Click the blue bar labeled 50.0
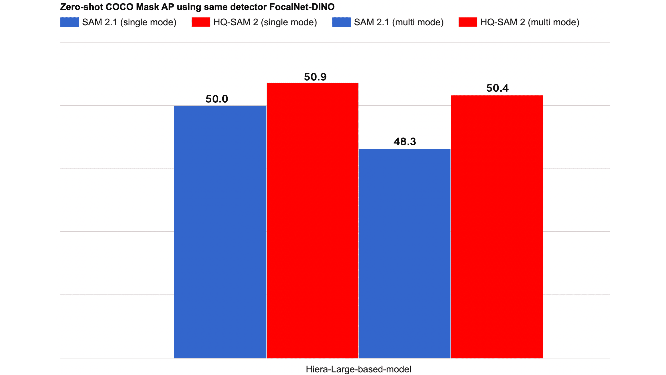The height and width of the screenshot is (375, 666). tap(220, 232)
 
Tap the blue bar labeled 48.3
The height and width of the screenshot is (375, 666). tap(404, 253)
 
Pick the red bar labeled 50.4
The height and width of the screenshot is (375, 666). tap(497, 227)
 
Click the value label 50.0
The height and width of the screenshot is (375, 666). tap(217, 99)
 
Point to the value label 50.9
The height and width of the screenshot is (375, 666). tap(315, 77)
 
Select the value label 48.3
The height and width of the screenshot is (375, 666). tap(405, 142)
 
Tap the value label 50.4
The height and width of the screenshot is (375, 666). tap(497, 88)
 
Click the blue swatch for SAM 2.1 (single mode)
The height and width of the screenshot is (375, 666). tap(69, 22)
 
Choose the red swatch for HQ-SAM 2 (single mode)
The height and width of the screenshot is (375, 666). tap(201, 22)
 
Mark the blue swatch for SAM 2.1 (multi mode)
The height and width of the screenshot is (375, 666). tap(341, 22)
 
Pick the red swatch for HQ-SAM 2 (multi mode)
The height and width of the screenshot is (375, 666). tap(468, 22)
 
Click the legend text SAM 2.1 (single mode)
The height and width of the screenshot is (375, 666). tap(129, 22)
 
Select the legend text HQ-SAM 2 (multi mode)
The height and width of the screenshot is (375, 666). tap(529, 22)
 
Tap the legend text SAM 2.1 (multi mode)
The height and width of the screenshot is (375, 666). tap(399, 22)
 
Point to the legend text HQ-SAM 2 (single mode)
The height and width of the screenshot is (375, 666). tap(265, 22)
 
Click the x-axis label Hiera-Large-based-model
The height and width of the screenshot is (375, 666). tap(358, 369)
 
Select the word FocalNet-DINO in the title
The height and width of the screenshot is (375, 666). tap(302, 7)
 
